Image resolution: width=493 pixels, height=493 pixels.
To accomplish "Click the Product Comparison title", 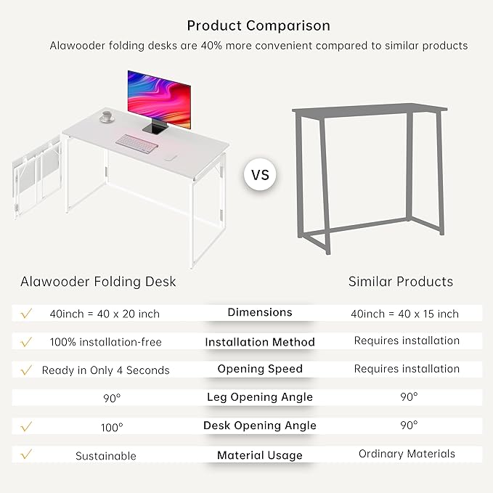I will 258,25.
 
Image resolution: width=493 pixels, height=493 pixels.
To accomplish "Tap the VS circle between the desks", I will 260,175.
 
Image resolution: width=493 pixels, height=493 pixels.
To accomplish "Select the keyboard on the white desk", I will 137,143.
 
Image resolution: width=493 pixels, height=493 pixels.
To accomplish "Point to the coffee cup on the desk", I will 107,115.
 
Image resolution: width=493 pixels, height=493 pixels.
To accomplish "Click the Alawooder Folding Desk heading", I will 98,282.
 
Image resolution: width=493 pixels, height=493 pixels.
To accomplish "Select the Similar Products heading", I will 400,282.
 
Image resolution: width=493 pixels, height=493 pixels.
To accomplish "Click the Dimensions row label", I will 260,312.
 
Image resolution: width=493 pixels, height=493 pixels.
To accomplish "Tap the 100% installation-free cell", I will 105,341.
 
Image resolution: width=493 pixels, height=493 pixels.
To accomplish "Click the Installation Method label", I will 260,342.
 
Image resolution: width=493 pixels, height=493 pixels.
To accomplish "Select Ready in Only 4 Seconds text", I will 105,370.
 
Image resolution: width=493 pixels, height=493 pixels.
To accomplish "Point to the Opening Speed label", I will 260,369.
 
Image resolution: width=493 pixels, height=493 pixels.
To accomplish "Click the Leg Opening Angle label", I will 260,397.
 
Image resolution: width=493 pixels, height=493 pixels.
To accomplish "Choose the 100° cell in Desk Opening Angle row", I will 112,428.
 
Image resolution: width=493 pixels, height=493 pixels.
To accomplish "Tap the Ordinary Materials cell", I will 407,454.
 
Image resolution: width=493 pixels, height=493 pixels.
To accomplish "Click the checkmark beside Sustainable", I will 27,455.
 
